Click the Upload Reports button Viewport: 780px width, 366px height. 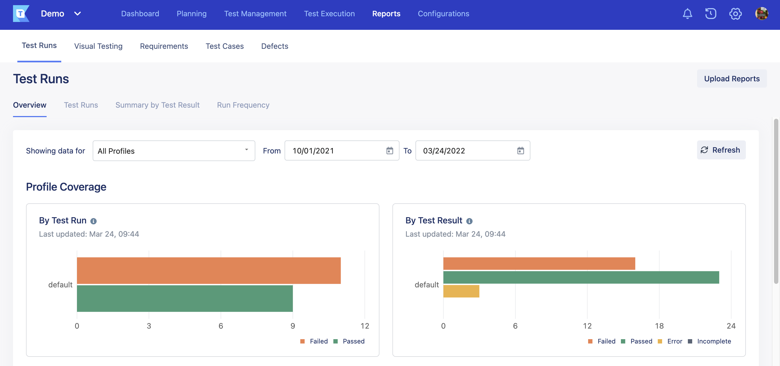731,79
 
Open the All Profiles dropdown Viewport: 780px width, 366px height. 173,151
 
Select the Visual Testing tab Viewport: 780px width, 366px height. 98,46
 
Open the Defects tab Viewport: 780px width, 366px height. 274,46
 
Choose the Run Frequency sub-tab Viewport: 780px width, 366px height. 243,105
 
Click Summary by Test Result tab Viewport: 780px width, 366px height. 157,105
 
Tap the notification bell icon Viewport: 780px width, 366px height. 687,14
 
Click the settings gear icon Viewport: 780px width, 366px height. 735,14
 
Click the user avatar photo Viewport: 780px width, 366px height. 761,14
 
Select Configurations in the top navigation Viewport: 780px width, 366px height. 443,14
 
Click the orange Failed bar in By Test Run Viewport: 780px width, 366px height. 208,271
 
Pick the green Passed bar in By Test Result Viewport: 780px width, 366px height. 581,277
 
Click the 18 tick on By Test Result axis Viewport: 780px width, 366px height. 659,326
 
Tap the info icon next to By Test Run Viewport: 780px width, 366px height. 94,221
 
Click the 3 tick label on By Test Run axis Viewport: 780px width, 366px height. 149,326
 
